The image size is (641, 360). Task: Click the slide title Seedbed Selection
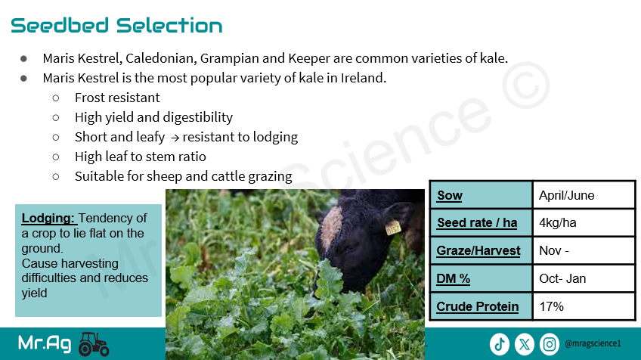(116, 26)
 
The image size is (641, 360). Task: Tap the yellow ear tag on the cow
(393, 228)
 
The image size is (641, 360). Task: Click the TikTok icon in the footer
(499, 344)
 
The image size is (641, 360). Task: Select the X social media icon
(525, 344)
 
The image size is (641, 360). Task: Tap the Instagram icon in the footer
(550, 344)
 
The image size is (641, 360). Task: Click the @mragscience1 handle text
(593, 343)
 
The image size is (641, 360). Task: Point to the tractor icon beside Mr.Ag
(94, 343)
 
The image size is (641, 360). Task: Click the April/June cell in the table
(567, 195)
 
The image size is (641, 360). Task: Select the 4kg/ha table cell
(558, 222)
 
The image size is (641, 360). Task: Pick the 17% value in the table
(552, 306)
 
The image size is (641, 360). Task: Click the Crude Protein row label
(478, 306)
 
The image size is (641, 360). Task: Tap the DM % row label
(453, 278)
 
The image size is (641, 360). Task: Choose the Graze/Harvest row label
(478, 250)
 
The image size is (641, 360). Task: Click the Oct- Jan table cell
(562, 278)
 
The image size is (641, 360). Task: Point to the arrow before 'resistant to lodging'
(175, 138)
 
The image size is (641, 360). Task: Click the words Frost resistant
(117, 98)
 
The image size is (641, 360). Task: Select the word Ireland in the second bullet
(363, 78)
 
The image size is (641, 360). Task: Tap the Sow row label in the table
(450, 195)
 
